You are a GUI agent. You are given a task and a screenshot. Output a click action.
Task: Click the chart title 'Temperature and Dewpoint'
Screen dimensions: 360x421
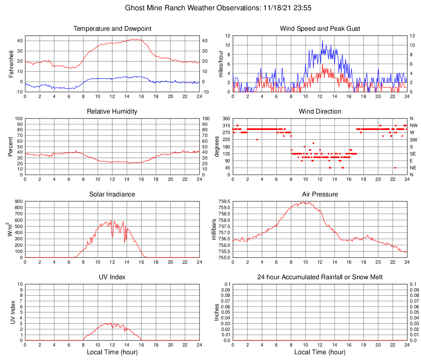(x=112, y=29)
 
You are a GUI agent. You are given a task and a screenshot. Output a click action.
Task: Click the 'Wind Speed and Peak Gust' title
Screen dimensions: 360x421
(x=320, y=29)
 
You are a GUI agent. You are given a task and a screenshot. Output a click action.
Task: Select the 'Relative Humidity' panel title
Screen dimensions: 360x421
(x=112, y=112)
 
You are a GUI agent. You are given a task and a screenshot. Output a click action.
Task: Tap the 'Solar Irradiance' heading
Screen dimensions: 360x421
(x=112, y=194)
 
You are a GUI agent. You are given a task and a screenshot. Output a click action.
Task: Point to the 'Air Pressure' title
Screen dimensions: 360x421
(x=320, y=194)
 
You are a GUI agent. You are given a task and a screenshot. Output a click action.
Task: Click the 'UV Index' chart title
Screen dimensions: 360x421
(x=112, y=277)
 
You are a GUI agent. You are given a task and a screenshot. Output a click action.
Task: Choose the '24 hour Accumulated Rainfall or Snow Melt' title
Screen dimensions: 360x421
(x=320, y=277)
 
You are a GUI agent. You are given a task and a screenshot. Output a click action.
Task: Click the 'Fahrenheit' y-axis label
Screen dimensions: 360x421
(x=11, y=64)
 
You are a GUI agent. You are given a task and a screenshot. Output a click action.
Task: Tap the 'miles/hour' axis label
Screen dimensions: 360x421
(x=221, y=64)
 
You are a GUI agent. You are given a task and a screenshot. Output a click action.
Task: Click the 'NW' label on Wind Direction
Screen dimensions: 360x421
(x=413, y=125)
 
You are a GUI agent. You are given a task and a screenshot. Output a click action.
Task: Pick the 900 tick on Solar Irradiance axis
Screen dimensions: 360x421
(x=18, y=202)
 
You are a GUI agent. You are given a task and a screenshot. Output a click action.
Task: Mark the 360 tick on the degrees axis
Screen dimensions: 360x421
(x=225, y=119)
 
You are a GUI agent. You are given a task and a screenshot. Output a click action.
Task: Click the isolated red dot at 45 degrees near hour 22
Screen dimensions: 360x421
(x=395, y=168)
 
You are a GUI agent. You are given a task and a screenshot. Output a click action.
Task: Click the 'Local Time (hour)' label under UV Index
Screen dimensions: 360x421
(x=112, y=352)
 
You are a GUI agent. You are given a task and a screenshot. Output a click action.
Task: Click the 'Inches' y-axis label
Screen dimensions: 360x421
(x=217, y=312)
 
